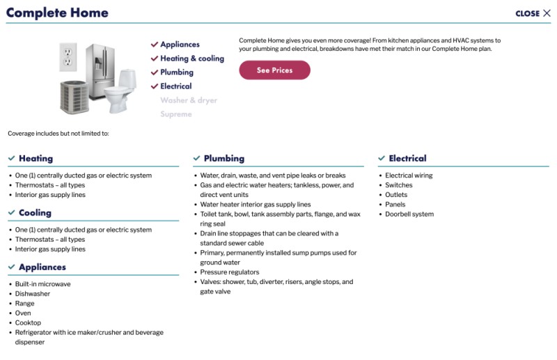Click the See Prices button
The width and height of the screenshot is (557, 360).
pyautogui.click(x=274, y=70)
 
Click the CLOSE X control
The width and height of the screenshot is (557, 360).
pyautogui.click(x=533, y=13)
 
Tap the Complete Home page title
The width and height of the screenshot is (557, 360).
pyautogui.click(x=57, y=13)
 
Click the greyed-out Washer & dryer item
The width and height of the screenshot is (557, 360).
pyautogui.click(x=189, y=100)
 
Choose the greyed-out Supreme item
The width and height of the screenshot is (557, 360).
pyautogui.click(x=175, y=114)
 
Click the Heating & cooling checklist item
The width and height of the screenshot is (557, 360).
pyautogui.click(x=191, y=58)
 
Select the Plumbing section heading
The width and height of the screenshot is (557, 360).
pyautogui.click(x=223, y=159)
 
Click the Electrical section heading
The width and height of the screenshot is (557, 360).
pyautogui.click(x=407, y=159)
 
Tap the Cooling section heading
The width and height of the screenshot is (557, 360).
pyautogui.click(x=35, y=213)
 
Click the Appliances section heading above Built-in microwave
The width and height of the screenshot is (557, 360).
pyautogui.click(x=42, y=267)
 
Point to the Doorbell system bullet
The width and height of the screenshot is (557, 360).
pyautogui.click(x=409, y=214)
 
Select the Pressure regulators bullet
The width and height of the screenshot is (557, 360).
pyautogui.click(x=229, y=272)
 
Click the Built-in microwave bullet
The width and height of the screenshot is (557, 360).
pyautogui.click(x=42, y=284)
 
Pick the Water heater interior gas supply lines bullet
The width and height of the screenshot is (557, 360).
pyautogui.click(x=255, y=205)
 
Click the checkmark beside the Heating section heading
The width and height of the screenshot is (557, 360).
pyautogui.click(x=11, y=159)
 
